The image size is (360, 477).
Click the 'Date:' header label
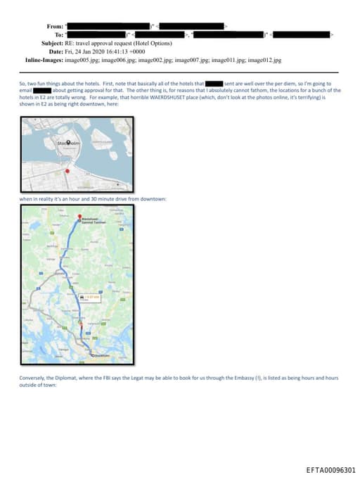pos(56,51)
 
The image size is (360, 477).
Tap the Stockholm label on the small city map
pos(70,144)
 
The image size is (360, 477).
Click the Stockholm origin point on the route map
pos(91,357)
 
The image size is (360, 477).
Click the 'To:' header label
pos(58,34)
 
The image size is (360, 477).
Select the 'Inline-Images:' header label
pos(44,60)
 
